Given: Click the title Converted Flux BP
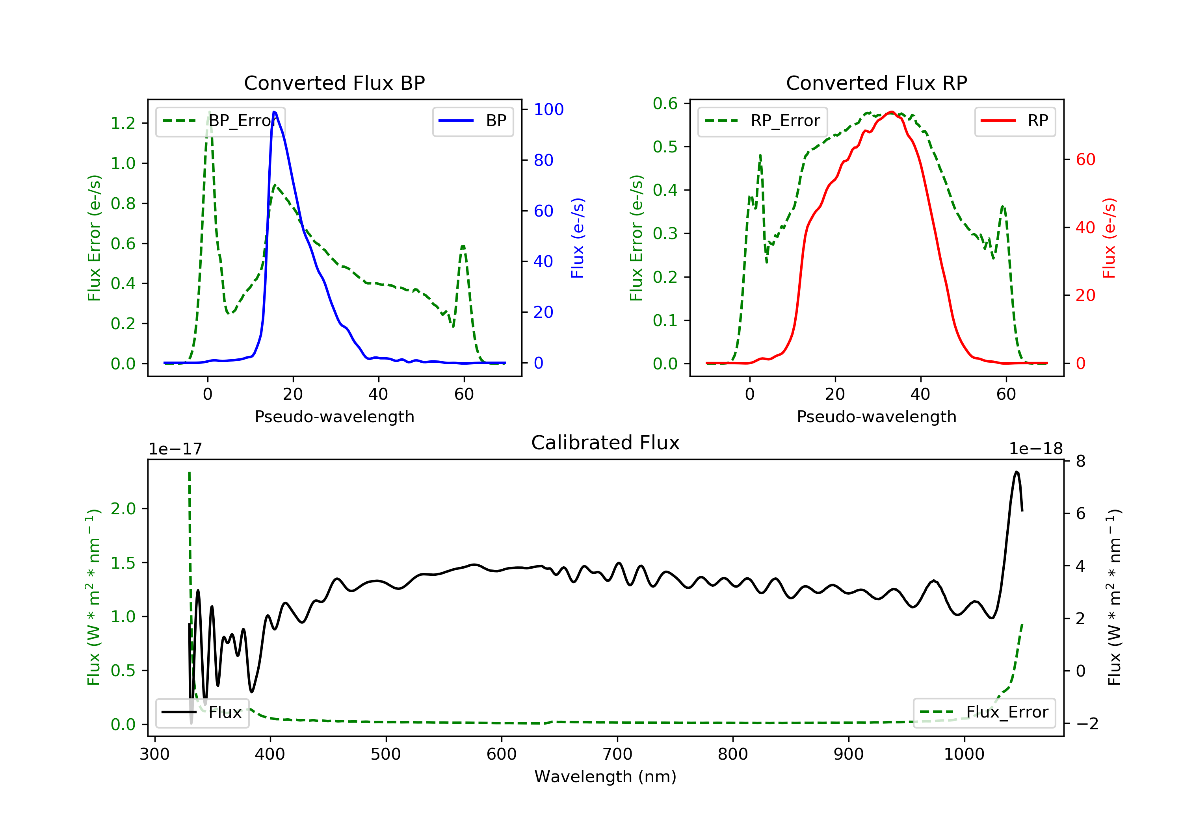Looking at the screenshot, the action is pos(334,83).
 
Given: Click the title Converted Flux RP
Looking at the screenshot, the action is pos(876,83).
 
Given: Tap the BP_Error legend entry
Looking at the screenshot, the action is pos(220,121).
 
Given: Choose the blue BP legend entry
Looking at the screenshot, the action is pos(472,121).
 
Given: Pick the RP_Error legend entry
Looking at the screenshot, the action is pos(762,121).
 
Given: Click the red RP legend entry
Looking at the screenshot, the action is pos(1015,121).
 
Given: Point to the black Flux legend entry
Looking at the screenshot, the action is pos(202,712).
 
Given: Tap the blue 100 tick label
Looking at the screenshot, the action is pos(549,109).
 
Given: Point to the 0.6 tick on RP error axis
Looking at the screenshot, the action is pos(665,104).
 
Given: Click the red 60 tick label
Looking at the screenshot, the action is pos(1086,159).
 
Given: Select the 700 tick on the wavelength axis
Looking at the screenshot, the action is pos(617,755).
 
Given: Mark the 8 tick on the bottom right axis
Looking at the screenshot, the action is pos(1081,461).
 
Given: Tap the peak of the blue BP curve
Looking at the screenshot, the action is pos(274,112).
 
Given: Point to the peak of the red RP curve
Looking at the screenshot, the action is pos(891,112).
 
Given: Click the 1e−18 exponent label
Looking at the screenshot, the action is pos(1036,449).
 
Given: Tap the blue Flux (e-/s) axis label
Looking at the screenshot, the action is pos(578,238).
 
